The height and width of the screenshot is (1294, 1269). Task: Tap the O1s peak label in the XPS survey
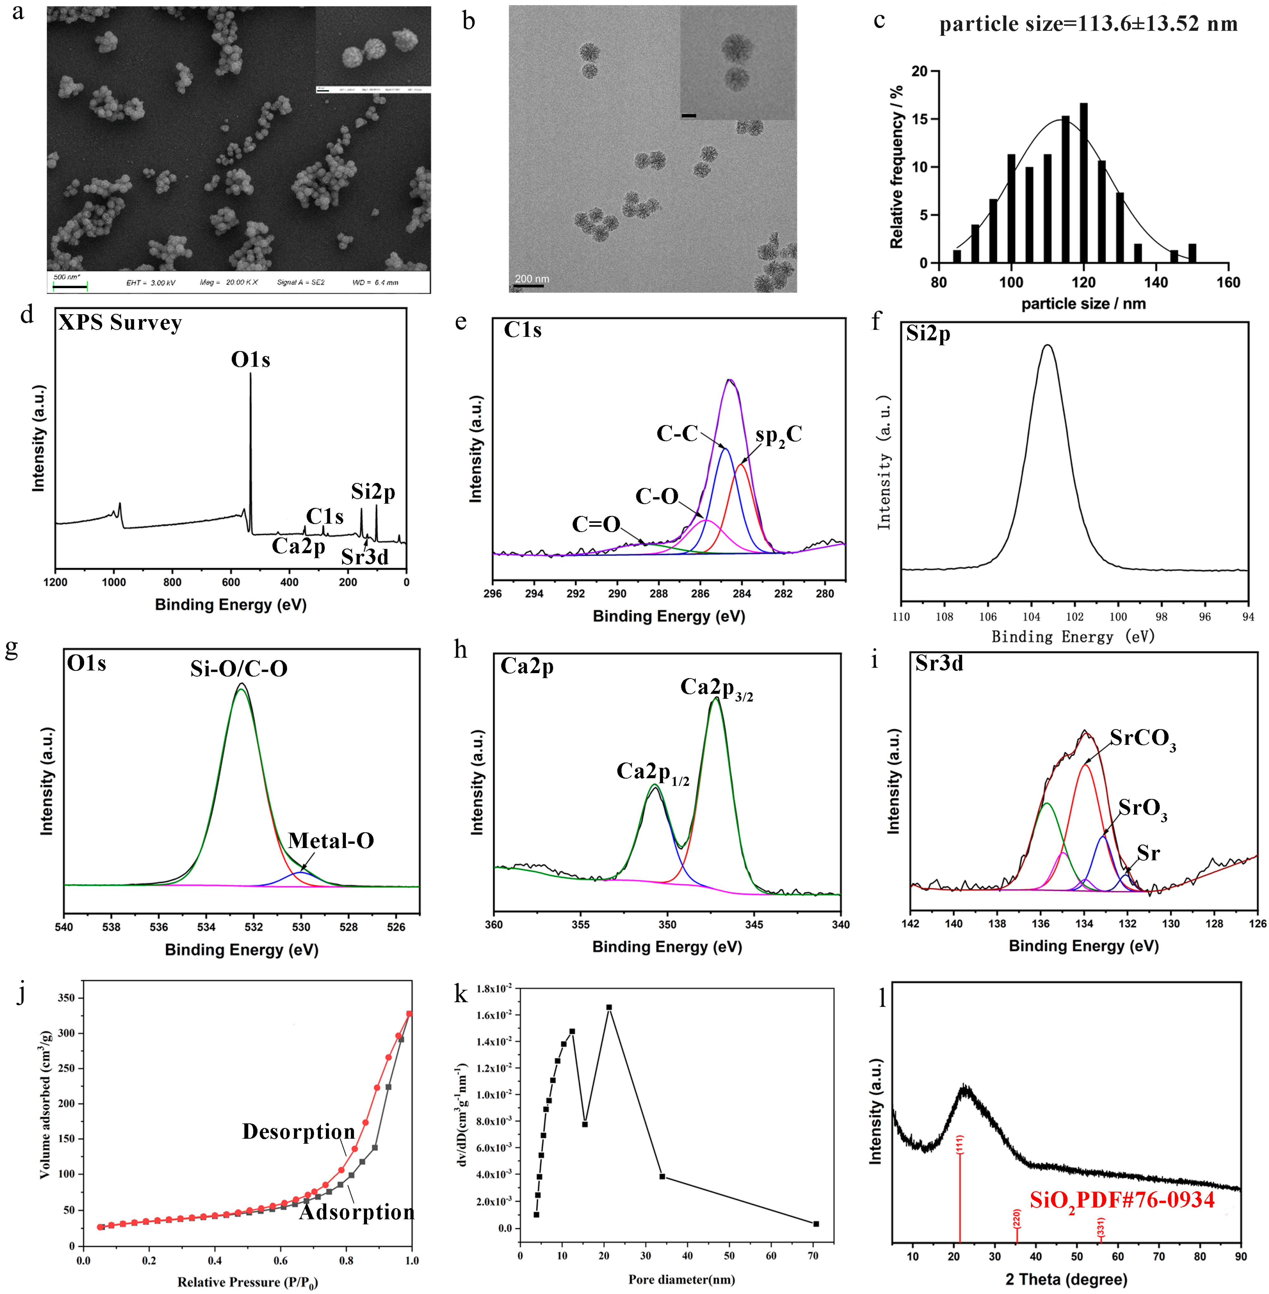[x=251, y=360]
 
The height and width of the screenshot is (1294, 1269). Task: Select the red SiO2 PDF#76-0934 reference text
[x=1122, y=1200]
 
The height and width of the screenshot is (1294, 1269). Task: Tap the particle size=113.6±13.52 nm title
[x=1088, y=24]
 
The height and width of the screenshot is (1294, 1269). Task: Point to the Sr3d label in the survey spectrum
[x=365, y=557]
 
